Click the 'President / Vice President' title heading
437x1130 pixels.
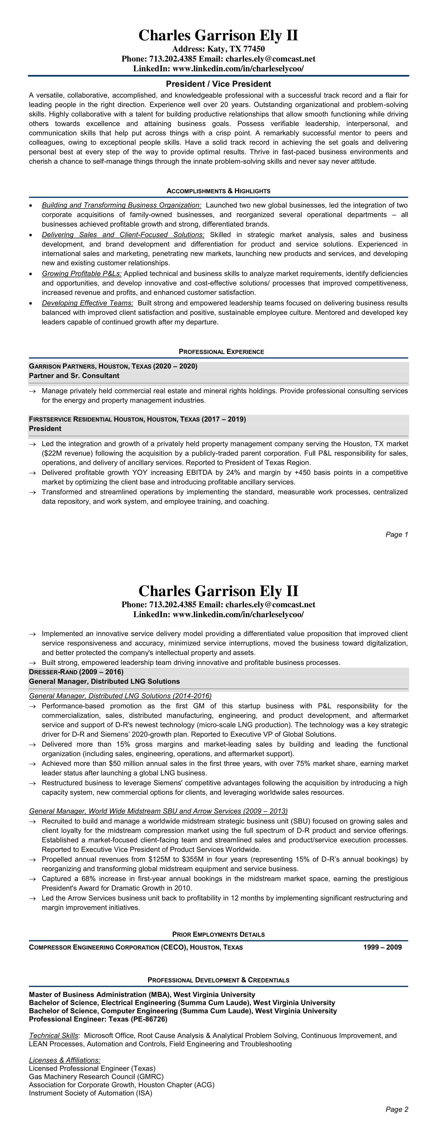point(218,84)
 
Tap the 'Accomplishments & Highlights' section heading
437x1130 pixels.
point(218,191)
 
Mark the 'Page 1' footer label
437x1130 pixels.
point(397,534)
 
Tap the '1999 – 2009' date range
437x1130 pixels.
point(382,947)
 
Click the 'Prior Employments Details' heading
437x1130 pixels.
point(218,934)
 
